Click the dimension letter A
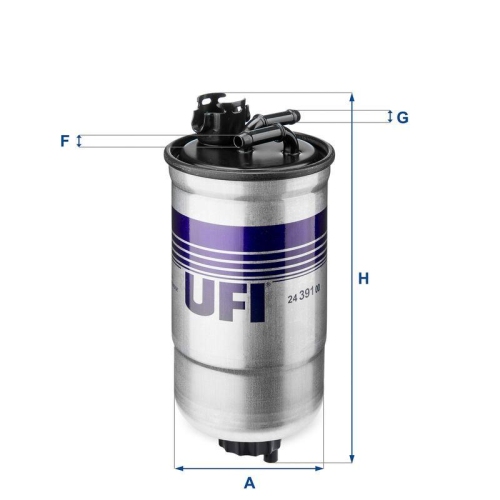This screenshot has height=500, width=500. click(x=250, y=481)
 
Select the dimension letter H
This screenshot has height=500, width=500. click(x=365, y=278)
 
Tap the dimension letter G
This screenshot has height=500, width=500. click(x=403, y=117)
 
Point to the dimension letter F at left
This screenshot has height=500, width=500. click(x=64, y=141)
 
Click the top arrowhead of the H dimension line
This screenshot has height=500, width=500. click(x=351, y=99)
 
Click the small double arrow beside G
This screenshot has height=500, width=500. click(x=390, y=117)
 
